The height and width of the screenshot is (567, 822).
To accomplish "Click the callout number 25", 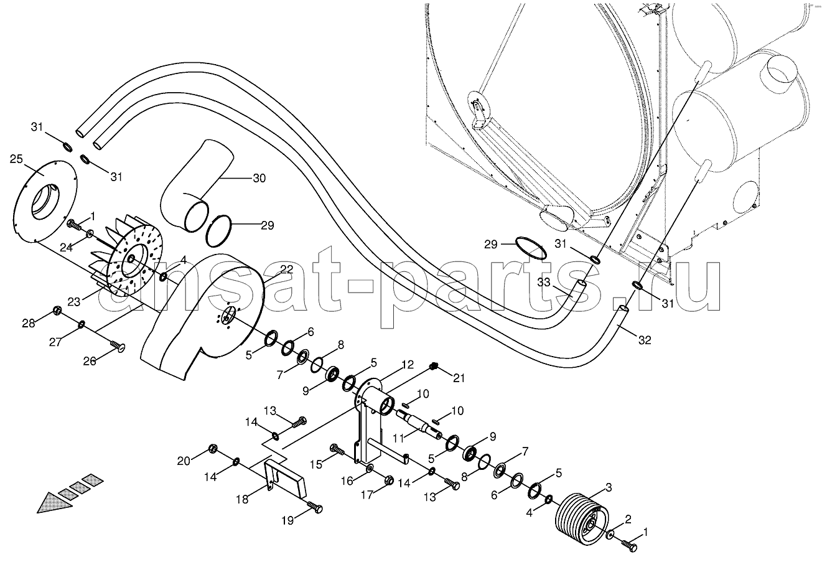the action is click(16, 159).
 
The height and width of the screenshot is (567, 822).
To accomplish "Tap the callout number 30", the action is click(259, 178).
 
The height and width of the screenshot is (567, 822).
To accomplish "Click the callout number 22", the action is click(287, 269).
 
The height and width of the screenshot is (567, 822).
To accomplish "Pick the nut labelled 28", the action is click(57, 311).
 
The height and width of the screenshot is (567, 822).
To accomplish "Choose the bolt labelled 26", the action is click(118, 345).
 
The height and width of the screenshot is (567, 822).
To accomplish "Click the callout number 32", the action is click(645, 340).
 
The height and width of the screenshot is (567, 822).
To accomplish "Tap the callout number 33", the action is click(544, 282).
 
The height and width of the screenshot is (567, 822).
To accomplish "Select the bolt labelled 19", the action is click(315, 507).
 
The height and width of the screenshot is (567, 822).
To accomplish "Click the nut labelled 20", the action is click(213, 449).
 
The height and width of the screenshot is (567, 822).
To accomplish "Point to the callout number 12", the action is click(408, 365).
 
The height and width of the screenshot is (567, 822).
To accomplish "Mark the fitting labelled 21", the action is click(434, 366).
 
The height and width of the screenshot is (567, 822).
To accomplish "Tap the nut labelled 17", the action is click(390, 479).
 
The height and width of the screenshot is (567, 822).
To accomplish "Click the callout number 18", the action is click(242, 499).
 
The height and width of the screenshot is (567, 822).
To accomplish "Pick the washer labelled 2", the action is click(610, 535).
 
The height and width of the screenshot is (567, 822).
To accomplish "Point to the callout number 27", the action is click(55, 342).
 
